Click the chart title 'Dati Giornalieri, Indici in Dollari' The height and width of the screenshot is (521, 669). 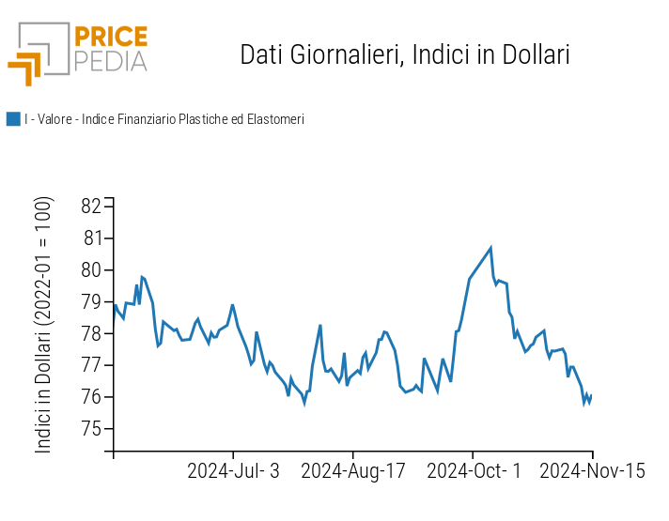pos(405,54)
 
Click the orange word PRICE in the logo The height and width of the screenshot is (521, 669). pos(110,38)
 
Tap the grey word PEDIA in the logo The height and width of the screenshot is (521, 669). pos(110,61)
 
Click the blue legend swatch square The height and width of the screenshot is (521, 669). pos(13,119)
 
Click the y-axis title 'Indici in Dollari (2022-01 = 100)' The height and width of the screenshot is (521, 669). pos(44,325)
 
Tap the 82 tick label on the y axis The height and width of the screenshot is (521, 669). pos(91,207)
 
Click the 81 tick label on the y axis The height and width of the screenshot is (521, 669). pos(91,238)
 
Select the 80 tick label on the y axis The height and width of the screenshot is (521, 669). pos(91,270)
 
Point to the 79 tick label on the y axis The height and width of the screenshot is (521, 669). pos(91,302)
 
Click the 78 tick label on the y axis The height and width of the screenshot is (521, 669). pos(91,334)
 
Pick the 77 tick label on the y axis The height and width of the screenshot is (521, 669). pos(91,365)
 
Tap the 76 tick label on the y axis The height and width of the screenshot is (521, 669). pos(91,397)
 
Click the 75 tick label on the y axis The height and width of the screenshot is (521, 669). pos(91,429)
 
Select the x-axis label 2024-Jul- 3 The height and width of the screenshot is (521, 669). pos(233,471)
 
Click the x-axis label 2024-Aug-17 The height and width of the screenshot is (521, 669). pos(353,471)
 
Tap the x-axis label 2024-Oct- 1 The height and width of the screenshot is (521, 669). pos(474,471)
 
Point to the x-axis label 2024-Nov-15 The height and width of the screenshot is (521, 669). pos(592,471)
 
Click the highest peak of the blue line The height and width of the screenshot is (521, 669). pos(490,248)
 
